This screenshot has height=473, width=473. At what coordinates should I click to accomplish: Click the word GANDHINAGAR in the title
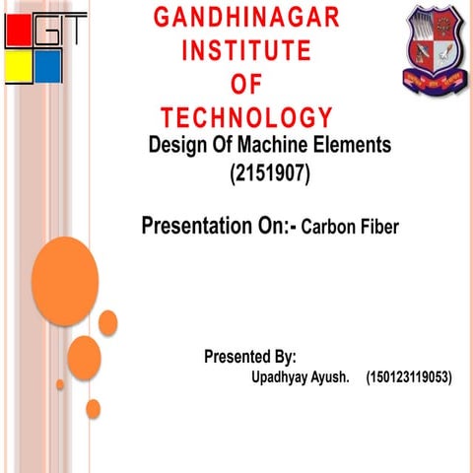tap(246, 17)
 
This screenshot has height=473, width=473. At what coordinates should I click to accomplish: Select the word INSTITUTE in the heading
tap(246, 49)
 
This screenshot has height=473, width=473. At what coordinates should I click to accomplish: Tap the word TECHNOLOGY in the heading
tap(246, 115)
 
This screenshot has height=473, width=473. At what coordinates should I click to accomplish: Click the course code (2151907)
tap(269, 176)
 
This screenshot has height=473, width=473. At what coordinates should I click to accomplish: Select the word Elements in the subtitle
tap(355, 145)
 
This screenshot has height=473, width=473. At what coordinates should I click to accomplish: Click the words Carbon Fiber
tap(350, 229)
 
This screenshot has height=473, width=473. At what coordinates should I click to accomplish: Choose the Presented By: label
tap(250, 356)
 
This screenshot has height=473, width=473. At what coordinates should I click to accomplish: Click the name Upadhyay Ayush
tap(301, 376)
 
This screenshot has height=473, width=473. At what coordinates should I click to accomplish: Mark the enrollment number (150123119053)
tap(408, 376)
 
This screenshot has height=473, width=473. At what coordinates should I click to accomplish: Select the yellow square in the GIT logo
tap(18, 67)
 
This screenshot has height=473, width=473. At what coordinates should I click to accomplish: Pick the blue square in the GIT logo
tap(47, 67)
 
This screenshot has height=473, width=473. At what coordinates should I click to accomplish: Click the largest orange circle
tap(65, 281)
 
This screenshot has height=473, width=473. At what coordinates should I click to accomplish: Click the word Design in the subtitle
tap(172, 145)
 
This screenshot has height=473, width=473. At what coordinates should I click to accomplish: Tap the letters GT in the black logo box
tap(61, 32)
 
